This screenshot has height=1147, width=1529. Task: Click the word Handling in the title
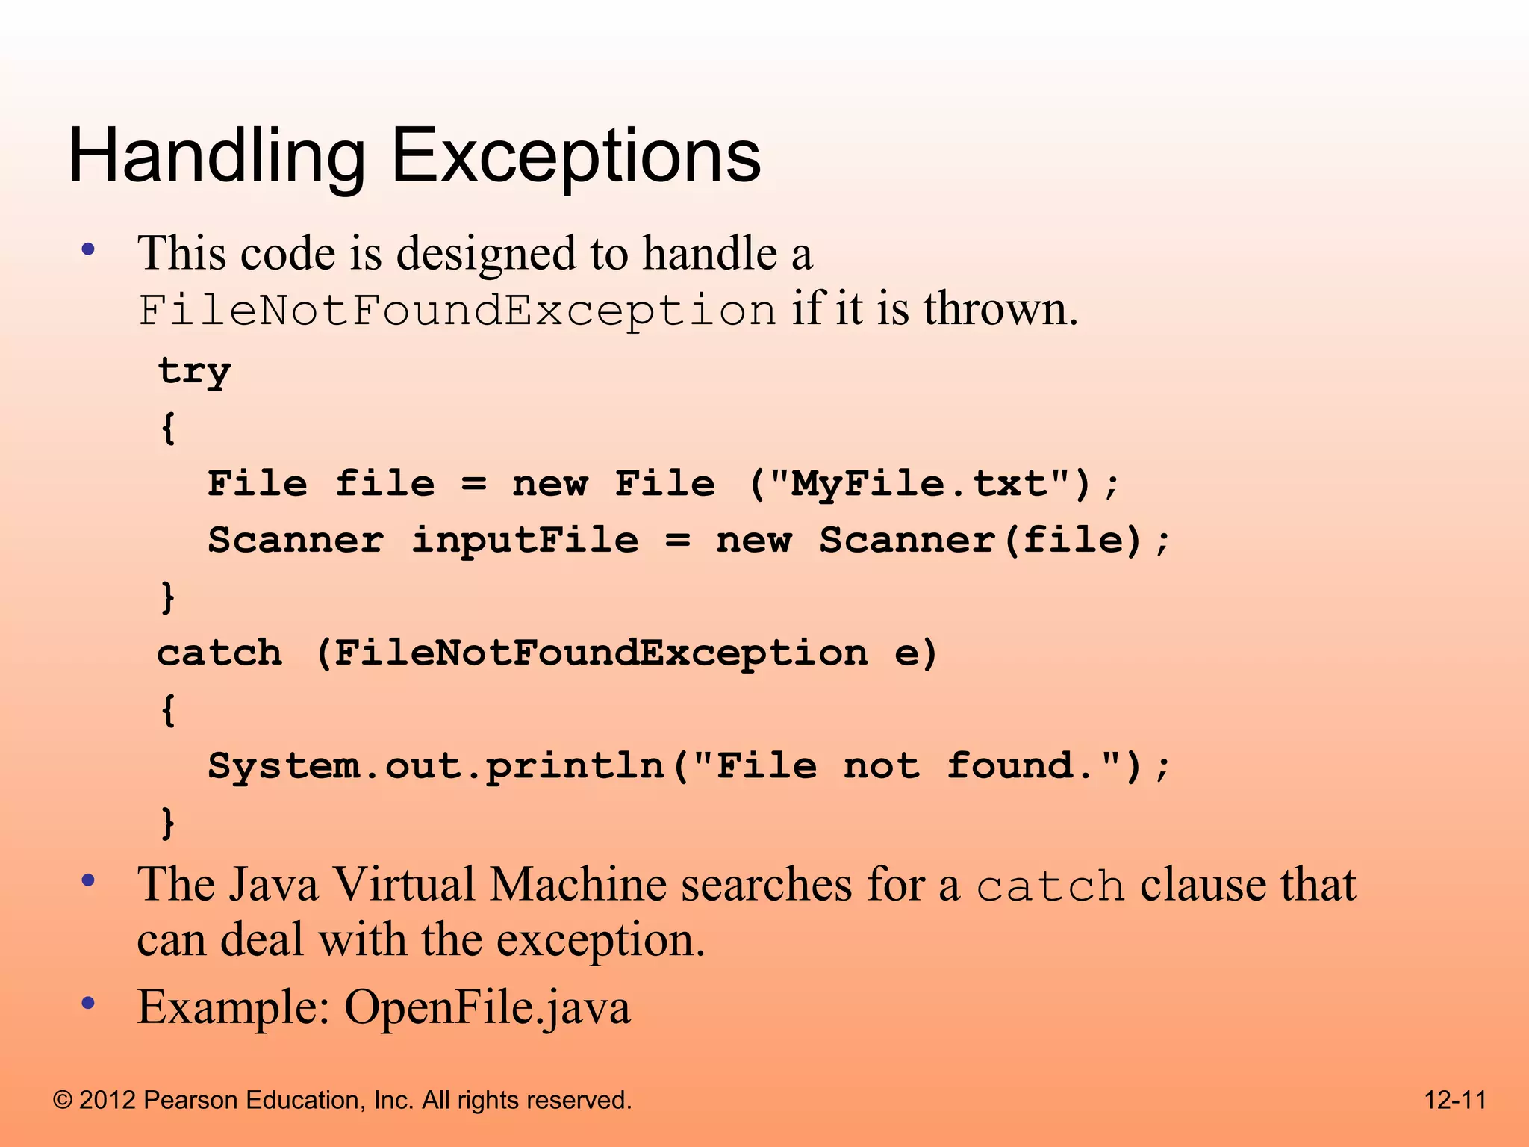coord(217,157)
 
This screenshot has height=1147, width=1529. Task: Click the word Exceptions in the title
coord(576,157)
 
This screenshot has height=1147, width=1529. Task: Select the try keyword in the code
coord(194,371)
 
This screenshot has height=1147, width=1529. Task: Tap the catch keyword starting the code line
coord(219,653)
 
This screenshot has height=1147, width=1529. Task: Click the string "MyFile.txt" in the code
coord(921,484)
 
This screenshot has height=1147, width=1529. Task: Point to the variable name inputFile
coord(525,540)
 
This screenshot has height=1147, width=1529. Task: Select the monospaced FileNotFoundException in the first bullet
coord(457,310)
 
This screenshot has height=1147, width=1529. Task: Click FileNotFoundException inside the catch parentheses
coord(601,653)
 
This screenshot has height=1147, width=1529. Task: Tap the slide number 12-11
coord(1455,1100)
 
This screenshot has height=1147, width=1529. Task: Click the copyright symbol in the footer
coord(63,1100)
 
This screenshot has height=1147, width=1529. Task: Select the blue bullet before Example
coord(89,1003)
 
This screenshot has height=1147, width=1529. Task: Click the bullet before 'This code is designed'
coord(89,249)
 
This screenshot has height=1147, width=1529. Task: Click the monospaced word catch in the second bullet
coord(1050,887)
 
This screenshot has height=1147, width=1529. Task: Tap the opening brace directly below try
coord(169,428)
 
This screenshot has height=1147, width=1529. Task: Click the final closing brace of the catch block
coord(169,823)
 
